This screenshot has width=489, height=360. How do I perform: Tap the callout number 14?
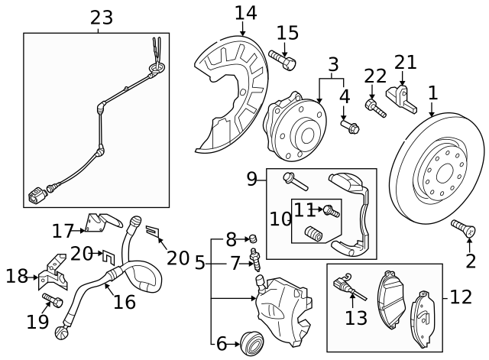246,13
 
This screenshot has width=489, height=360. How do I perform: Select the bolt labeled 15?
282,59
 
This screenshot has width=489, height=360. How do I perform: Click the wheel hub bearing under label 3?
294,126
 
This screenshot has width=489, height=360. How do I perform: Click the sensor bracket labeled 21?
401,96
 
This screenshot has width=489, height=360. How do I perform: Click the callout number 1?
433,93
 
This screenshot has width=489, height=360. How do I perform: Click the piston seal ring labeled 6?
251,341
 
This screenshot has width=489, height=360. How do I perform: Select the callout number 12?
461,297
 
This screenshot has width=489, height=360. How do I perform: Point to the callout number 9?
251,180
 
